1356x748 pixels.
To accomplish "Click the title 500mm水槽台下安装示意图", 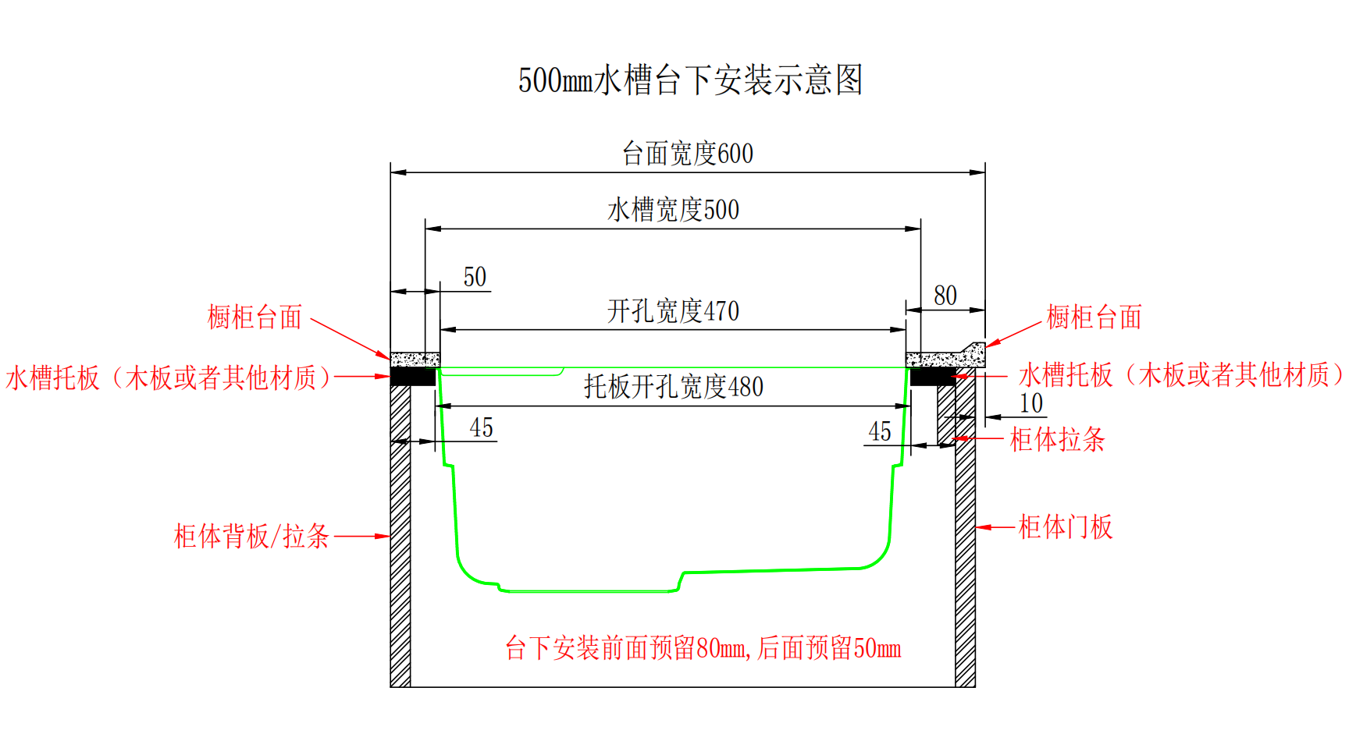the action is tap(690, 80).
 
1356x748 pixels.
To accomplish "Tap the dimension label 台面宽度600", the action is tap(688, 154).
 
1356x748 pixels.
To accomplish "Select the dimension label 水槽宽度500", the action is tap(673, 210).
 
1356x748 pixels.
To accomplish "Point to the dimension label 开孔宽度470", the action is tap(673, 311).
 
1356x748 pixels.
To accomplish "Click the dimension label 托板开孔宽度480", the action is tap(674, 387).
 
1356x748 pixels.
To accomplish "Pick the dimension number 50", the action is tap(475, 277).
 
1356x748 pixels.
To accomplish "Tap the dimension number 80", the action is tap(945, 296).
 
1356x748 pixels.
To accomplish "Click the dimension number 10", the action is tap(1031, 403).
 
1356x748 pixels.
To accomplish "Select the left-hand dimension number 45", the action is tap(482, 427).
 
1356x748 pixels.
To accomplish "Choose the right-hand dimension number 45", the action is tap(880, 431).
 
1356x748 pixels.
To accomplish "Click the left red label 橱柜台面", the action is tap(254, 317).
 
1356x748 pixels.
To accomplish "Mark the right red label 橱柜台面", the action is tap(1094, 317).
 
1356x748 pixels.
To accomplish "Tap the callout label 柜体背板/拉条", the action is tap(251, 537).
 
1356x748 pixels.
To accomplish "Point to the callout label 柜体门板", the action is tap(1066, 527).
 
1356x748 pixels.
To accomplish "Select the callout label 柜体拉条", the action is tap(1058, 440).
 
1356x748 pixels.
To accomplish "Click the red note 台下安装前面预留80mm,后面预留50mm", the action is tap(703, 648).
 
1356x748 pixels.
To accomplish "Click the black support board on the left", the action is tap(413, 377).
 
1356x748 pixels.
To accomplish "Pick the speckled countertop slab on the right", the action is tap(945, 357).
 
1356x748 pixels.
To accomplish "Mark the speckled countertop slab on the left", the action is tap(415, 360).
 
